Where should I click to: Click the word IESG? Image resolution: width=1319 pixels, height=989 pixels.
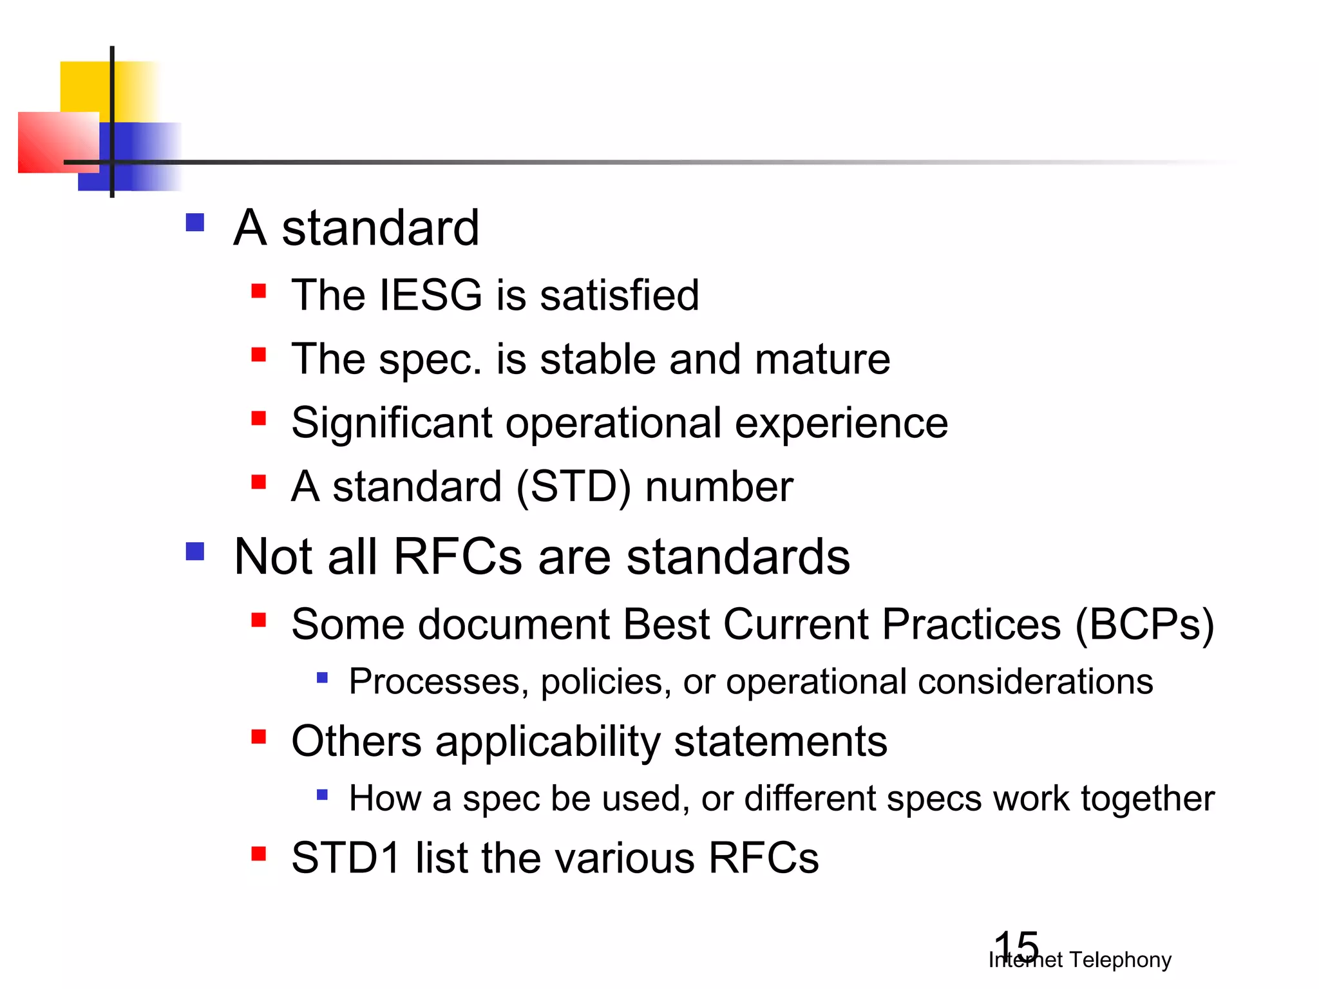[x=431, y=295]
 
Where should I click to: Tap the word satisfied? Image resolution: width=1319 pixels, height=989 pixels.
[x=619, y=295]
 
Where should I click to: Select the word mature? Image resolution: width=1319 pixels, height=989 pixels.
[x=822, y=359]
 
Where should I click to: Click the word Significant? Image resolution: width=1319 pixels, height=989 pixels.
[x=392, y=423]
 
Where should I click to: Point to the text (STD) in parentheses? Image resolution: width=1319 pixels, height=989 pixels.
[x=573, y=487]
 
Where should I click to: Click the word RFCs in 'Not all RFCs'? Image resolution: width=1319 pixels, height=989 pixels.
[x=457, y=556]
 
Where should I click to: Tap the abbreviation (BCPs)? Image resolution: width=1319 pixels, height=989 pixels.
[x=1144, y=625]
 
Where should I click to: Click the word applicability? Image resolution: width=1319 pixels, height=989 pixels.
[x=547, y=742]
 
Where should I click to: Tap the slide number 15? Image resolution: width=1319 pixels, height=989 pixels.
[x=1016, y=947]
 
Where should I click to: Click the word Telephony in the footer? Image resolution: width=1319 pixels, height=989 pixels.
[x=1120, y=960]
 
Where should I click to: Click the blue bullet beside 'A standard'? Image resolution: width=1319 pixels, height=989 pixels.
[x=195, y=223]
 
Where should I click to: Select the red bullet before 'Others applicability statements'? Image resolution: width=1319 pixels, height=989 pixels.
[x=259, y=737]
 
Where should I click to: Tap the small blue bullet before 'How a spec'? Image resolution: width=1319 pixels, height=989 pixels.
[x=323, y=795]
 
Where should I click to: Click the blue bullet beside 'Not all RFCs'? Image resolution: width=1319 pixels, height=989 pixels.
[x=195, y=551]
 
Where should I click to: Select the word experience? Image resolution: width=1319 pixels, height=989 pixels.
[x=841, y=423]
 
